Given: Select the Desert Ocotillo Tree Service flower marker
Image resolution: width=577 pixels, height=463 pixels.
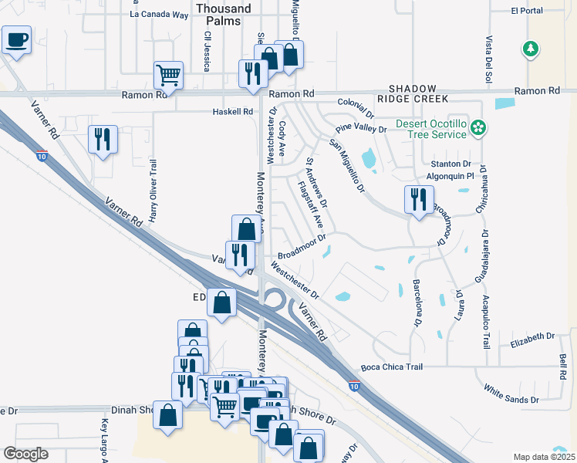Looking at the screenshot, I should tap(479, 126).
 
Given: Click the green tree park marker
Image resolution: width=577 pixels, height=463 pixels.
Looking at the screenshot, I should tap(530, 49).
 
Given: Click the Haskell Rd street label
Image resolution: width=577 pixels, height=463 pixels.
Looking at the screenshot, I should tap(233, 112).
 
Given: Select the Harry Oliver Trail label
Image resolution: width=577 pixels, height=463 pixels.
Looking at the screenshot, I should tap(154, 191).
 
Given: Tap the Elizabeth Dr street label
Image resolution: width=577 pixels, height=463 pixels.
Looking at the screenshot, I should tap(533, 336).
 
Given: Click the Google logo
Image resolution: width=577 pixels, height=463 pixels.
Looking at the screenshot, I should tap(26, 454).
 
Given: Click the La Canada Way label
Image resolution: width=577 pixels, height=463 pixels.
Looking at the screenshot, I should tap(159, 14).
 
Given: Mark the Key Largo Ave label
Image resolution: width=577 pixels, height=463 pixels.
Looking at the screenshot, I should tap(104, 441).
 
